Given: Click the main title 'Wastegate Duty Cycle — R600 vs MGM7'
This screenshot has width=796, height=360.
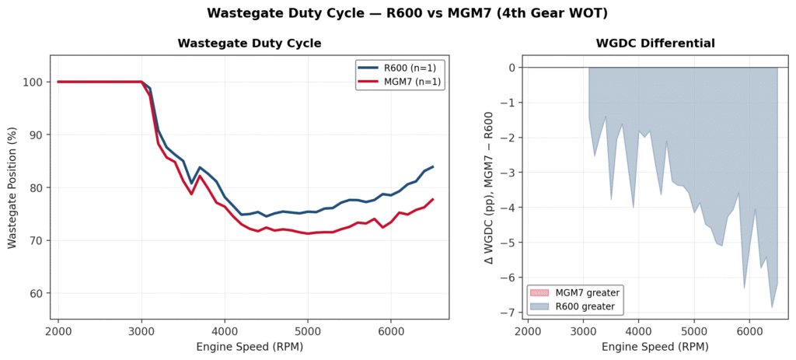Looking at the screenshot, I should [x=397, y=13].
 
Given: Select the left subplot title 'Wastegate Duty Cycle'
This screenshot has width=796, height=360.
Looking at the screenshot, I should [x=249, y=44].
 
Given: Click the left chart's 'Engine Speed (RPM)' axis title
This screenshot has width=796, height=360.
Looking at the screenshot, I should [x=249, y=347].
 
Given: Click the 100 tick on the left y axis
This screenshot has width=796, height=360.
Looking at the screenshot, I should [x=34, y=82].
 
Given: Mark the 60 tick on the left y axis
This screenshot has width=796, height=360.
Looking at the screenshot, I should [x=37, y=294].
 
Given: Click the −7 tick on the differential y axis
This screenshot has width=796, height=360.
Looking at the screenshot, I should [x=510, y=312].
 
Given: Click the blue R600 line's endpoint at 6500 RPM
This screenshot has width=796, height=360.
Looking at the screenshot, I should [x=433, y=166].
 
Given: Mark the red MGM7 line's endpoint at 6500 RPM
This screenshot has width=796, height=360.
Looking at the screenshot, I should [x=433, y=199].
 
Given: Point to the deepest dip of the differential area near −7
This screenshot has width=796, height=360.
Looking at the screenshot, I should [x=772, y=307].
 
